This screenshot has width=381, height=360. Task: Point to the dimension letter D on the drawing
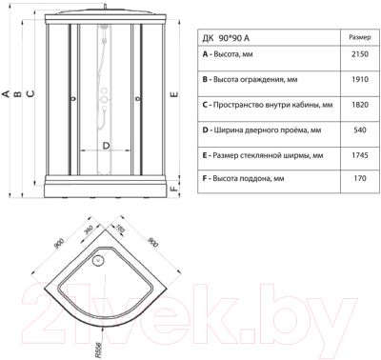click(105, 145)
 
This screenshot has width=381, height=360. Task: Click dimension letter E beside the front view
click(172, 95)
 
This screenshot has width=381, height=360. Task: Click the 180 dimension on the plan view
click(119, 230)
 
